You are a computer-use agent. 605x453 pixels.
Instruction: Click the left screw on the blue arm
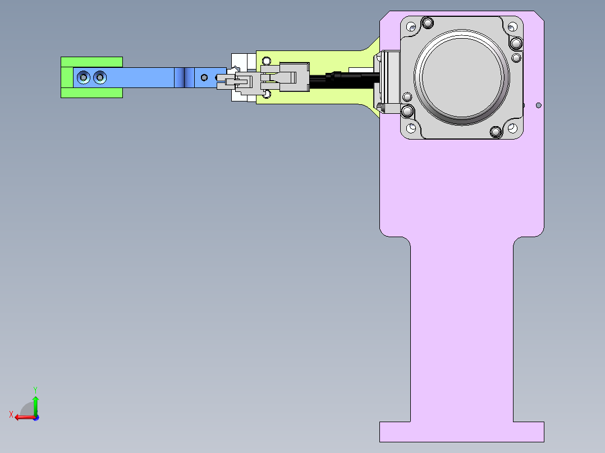[83, 77]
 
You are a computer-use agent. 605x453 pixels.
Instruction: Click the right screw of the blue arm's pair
[100, 77]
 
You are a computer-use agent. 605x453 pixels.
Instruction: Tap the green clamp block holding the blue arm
[92, 62]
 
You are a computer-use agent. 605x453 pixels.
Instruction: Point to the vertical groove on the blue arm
[189, 77]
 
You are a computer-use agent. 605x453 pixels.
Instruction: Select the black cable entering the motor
[343, 80]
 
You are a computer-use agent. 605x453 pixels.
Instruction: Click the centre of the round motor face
[461, 77]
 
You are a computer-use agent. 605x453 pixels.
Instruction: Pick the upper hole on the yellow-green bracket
[266, 61]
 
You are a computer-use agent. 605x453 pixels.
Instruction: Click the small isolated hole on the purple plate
[539, 105]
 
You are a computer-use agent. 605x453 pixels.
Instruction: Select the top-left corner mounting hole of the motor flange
[411, 27]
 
